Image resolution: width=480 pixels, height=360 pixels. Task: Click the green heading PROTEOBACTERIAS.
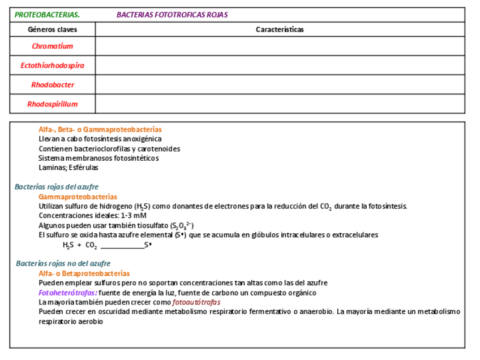(47, 15)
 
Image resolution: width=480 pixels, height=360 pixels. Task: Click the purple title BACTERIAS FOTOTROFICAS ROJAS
(172, 15)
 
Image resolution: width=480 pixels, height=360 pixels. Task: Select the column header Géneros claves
(53, 29)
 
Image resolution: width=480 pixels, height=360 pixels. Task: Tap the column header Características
(280, 29)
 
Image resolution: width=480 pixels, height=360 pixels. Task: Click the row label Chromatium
(53, 46)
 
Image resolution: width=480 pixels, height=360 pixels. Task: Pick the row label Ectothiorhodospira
(53, 66)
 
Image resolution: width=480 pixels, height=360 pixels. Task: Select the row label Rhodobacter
(53, 85)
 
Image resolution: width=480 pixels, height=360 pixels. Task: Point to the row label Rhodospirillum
(53, 104)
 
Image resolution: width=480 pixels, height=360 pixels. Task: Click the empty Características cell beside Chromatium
(280, 46)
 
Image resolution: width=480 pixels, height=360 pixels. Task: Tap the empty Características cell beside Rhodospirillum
(280, 104)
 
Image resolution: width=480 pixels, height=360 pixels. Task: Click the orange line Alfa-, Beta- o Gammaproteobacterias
(100, 130)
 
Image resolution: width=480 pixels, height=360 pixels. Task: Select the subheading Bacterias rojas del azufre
(57, 187)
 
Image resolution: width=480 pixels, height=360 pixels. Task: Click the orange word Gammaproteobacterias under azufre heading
(78, 196)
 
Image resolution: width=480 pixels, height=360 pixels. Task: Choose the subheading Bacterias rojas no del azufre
(63, 264)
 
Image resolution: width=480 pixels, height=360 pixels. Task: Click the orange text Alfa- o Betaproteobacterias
(84, 273)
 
